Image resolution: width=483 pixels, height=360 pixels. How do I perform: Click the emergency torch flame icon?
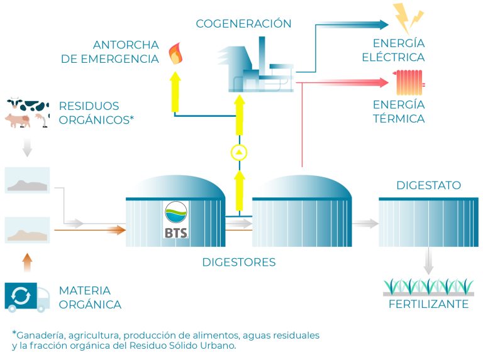pos(175,53)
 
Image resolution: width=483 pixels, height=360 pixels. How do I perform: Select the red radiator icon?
pos(409,82)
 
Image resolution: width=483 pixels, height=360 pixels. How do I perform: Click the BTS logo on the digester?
pos(176,220)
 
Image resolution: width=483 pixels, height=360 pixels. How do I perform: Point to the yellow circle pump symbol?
pos(239,152)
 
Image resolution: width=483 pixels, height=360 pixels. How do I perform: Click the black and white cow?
pos(28,105)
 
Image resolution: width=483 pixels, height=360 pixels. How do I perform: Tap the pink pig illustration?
pos(18,120)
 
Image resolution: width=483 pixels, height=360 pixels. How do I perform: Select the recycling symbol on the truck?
pos(21,296)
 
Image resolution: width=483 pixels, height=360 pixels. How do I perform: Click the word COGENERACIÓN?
pos(243,24)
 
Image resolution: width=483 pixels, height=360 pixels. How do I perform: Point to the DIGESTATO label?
pos(428,185)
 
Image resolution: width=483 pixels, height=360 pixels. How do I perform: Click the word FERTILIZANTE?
pos(428,304)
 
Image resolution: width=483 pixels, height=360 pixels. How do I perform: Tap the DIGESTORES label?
pos(239,262)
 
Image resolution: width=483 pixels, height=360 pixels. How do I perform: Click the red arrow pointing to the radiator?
pos(342,82)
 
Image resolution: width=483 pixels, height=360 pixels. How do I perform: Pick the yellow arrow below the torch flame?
pos(175,92)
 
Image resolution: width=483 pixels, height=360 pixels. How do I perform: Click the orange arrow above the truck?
pos(28,263)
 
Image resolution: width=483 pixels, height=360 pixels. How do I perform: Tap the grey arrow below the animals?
pos(28,148)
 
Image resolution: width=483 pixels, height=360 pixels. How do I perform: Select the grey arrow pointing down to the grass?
pos(428,261)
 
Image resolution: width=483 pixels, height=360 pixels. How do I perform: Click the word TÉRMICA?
pos(399,119)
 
